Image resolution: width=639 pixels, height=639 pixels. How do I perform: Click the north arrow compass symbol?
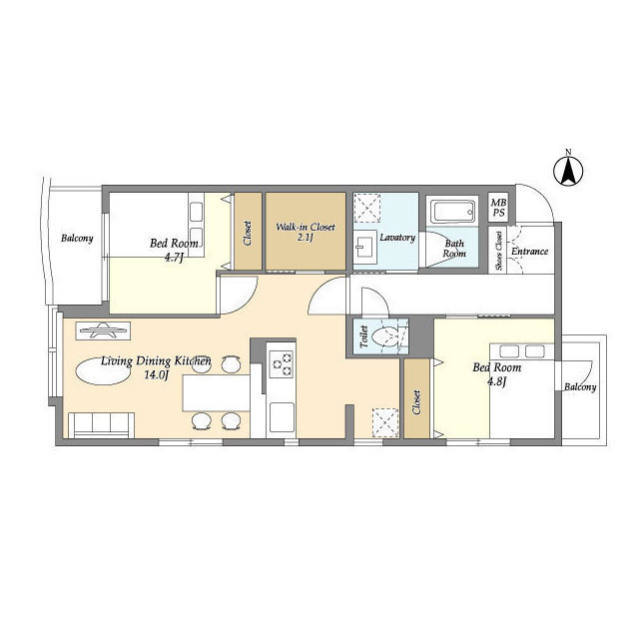coord(568,170)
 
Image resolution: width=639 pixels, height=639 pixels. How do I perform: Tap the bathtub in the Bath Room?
coord(452,211)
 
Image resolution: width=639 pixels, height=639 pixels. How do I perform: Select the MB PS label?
coord(498,208)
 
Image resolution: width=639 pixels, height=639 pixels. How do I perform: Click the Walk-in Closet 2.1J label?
coord(306,232)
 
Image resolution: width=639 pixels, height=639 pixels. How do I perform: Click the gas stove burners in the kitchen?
coord(282,363)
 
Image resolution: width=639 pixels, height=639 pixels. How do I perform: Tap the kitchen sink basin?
coord(282,417)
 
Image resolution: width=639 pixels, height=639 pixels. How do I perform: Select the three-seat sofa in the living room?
coord(102,425)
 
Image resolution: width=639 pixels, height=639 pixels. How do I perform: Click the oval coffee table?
coord(103,371)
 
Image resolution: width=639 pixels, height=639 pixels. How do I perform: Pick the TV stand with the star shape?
coord(103,330)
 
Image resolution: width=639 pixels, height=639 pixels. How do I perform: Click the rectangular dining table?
coord(216,392)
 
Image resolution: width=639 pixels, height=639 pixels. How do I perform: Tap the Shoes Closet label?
coord(499,251)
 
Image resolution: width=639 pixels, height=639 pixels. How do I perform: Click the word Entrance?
coord(529,251)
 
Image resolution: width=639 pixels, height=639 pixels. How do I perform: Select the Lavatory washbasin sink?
coord(364,247)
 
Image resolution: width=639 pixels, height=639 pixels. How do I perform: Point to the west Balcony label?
coord(77,238)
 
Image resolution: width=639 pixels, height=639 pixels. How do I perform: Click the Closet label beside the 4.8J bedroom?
coord(416,401)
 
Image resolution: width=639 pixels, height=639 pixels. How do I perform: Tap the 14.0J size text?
coord(157,375)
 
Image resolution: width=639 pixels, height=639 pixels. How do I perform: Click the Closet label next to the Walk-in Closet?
coord(248,233)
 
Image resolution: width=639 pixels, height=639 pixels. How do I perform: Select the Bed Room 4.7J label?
coord(174,250)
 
